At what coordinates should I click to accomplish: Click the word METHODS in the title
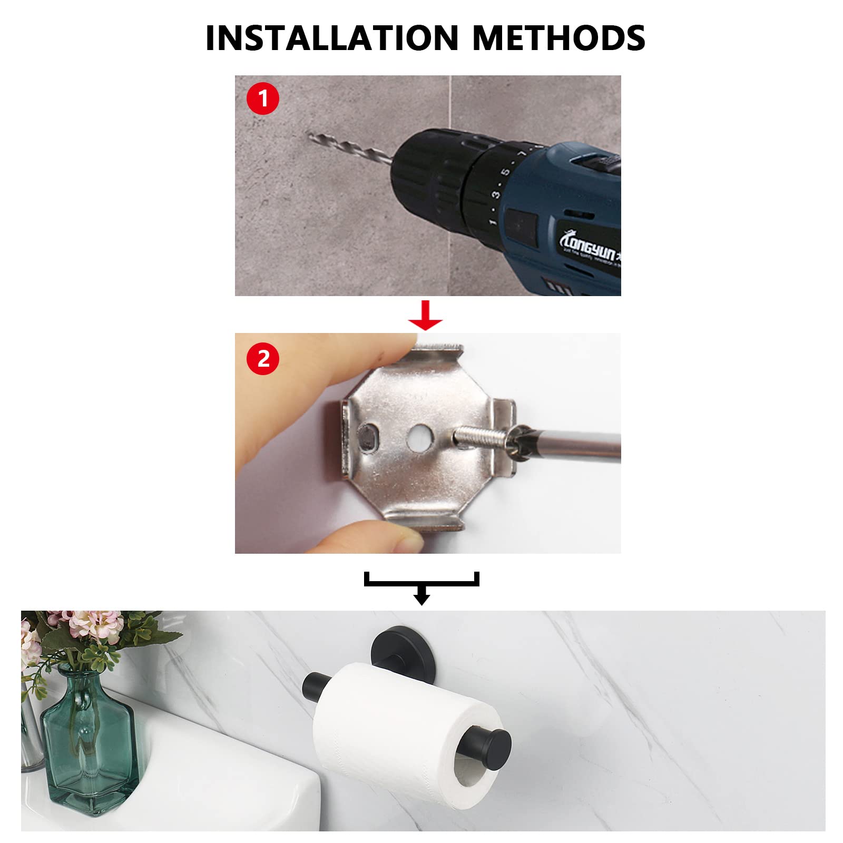pyautogui.click(x=558, y=38)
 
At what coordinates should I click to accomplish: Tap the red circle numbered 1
pyautogui.click(x=262, y=99)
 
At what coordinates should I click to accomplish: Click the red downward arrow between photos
pyautogui.click(x=426, y=316)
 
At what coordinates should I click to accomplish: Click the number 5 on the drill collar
pyautogui.click(x=505, y=172)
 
